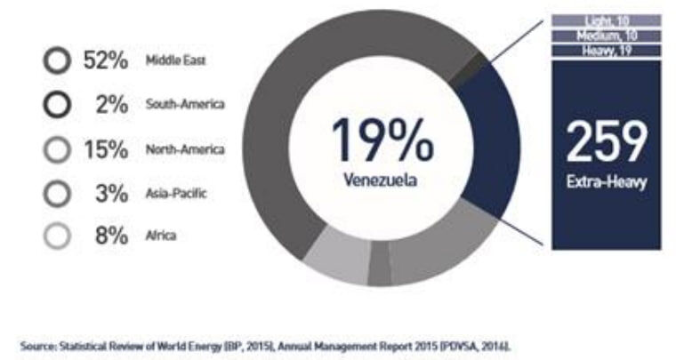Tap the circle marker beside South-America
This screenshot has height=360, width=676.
pyautogui.click(x=57, y=105)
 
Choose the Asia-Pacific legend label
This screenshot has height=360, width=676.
pyautogui.click(x=176, y=192)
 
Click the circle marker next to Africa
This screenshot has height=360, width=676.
pyautogui.click(x=57, y=236)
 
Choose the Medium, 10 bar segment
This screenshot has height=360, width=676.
pyautogui.click(x=606, y=36)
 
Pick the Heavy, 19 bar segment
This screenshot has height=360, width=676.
pyautogui.click(x=606, y=51)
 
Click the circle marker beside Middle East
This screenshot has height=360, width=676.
pyautogui.click(x=57, y=61)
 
